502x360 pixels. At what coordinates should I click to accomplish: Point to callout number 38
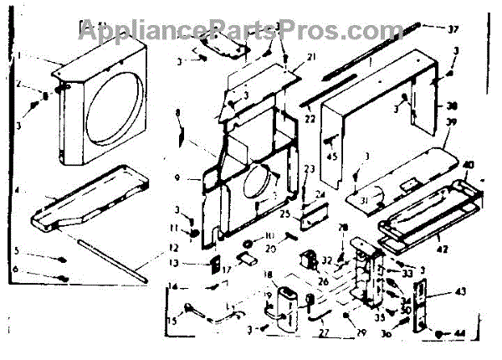click(453, 106)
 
